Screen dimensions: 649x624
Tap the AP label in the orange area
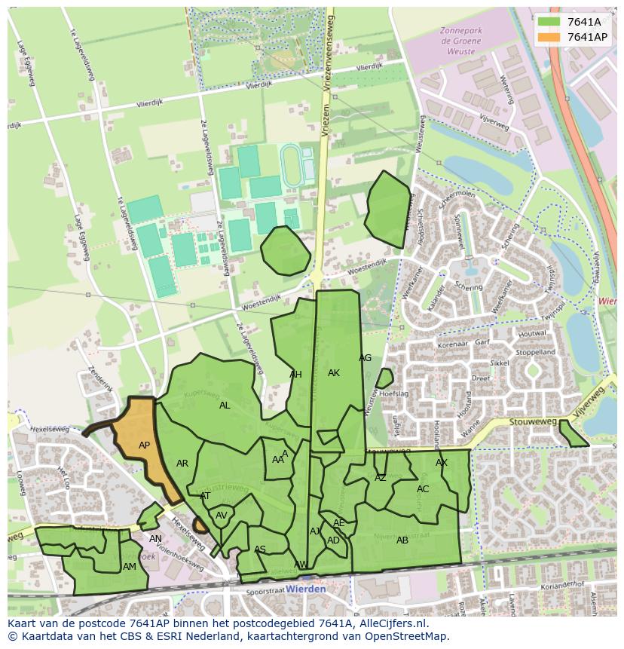tap(144, 445)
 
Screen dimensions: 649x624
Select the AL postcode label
tap(225, 406)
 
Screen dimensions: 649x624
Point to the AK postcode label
tap(334, 373)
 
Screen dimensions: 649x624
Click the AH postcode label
tap(295, 375)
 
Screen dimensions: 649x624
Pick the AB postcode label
tap(402, 540)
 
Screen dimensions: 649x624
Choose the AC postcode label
tap(423, 489)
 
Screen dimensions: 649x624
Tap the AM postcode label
tap(130, 567)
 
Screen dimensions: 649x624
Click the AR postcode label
tap(182, 464)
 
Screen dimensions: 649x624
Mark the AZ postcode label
tap(381, 478)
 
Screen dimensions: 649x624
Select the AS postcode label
tap(260, 550)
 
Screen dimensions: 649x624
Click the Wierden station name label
tap(307, 589)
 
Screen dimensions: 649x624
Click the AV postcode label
tap(222, 516)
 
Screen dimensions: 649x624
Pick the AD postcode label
tap(333, 540)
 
